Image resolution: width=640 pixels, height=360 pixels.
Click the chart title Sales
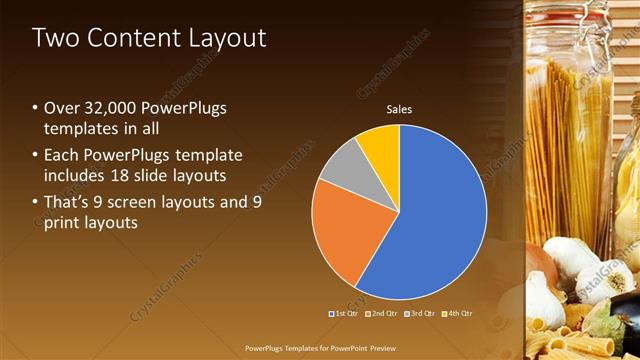[x=399, y=109]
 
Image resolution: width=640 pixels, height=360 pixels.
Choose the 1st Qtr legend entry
[x=345, y=313]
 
